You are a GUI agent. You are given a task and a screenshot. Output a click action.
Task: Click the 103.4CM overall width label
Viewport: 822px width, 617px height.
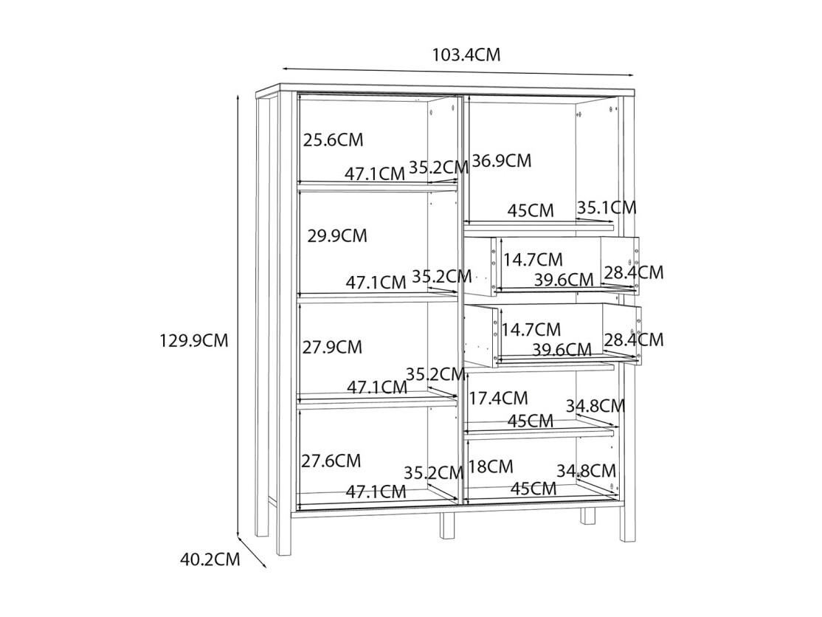pos(466,54)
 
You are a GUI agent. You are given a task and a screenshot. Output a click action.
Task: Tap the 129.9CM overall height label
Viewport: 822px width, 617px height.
pos(194,341)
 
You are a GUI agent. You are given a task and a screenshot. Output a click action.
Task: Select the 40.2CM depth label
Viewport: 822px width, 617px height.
pos(210,559)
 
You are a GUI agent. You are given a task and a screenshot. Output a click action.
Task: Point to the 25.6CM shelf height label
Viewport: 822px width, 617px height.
pos(333,140)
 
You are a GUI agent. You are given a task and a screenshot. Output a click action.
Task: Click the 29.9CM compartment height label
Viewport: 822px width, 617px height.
pos(337,236)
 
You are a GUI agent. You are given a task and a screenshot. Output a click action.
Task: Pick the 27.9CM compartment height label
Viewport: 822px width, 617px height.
pos(332,347)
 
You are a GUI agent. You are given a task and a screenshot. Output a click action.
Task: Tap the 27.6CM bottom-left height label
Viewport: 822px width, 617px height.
pos(331,461)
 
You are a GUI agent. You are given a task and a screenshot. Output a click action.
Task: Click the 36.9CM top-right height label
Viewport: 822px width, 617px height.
pos(502,160)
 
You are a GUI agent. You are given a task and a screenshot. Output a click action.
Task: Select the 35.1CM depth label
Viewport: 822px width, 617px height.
pos(607,207)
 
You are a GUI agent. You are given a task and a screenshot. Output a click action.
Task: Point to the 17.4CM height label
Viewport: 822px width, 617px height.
pos(498,399)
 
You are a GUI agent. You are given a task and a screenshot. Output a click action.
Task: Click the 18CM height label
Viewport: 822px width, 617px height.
pos(491,466)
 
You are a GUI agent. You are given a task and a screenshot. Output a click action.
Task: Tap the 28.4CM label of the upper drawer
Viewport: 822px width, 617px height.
pos(634,272)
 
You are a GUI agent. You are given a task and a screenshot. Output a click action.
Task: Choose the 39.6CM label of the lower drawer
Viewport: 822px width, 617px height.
pos(562,349)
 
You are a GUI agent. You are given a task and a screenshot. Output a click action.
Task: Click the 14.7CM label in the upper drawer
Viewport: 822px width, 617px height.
pos(533,260)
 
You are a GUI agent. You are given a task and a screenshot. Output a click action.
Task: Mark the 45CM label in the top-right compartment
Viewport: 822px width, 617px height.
pos(531,211)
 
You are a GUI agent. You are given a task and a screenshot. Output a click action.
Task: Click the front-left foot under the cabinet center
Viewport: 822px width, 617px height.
pos(447,525)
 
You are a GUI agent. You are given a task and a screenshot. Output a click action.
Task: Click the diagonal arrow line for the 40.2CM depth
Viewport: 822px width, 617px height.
pos(252,552)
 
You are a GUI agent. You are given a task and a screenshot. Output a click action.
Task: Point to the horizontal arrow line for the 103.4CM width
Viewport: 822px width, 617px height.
pos(458,72)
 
